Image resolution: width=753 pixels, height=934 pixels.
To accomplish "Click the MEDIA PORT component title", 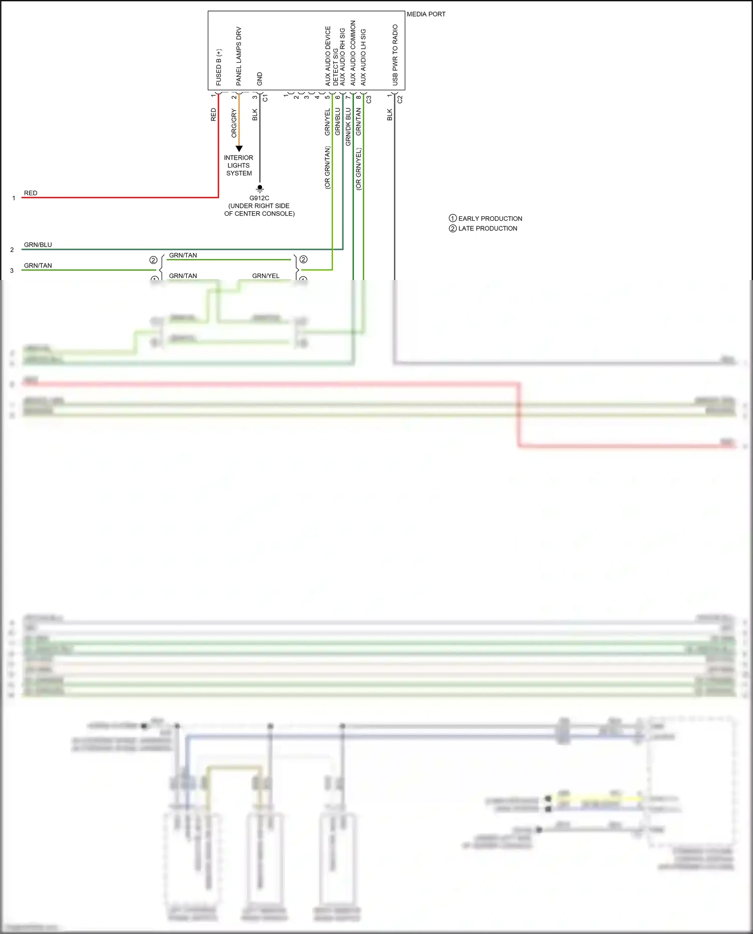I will point(426,14).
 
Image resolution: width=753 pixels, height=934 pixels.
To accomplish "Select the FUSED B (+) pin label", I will point(219,67).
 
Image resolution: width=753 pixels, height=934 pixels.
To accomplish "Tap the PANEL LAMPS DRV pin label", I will point(239,56).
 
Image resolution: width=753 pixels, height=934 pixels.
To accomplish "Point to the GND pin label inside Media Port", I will point(260,79).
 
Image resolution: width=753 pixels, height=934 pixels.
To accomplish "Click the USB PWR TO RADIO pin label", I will point(395,55).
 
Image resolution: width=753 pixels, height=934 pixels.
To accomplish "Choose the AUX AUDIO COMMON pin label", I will point(353,53).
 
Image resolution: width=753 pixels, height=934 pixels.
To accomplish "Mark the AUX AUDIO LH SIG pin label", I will point(363,57).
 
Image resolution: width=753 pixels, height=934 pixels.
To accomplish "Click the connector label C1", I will point(265,98).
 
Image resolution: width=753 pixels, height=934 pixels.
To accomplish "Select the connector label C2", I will point(400,99).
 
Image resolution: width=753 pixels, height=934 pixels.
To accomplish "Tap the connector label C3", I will point(369,99).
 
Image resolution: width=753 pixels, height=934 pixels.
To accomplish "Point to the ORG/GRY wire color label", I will point(234,123).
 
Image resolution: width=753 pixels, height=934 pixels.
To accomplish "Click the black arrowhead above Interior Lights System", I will point(239,149).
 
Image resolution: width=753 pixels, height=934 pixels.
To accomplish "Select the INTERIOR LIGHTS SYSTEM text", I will point(239,165).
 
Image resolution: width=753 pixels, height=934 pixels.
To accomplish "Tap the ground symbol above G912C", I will point(260,189).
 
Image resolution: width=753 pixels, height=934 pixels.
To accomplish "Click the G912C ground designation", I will point(260,198).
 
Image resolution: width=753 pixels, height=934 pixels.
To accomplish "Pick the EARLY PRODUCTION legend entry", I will point(485,218).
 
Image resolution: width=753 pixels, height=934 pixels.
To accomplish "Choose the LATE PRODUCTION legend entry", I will point(483,228).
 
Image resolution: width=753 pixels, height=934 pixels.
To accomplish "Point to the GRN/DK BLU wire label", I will point(348,127).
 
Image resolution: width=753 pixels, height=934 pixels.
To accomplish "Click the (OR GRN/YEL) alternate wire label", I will point(358,169).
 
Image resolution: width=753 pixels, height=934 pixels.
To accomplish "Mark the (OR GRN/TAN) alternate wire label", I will point(327,168).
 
